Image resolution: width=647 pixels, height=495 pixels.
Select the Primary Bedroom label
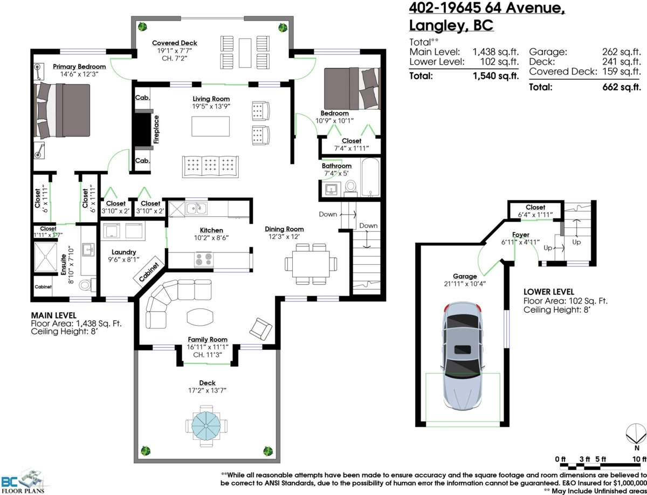pos(79,66)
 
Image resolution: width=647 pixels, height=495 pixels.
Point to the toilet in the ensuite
pos(86,284)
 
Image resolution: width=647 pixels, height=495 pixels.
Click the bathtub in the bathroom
pos(370,177)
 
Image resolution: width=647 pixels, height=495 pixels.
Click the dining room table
pos(312,263)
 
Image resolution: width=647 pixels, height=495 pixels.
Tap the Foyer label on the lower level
pos(520,235)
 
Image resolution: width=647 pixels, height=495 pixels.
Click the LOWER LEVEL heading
pos(548,291)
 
